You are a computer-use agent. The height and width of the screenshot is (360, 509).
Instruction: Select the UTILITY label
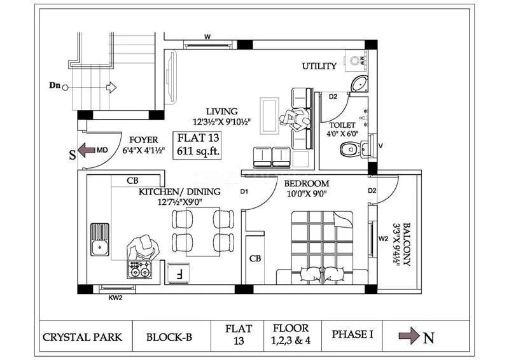319,66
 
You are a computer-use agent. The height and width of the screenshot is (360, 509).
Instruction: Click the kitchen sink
99,239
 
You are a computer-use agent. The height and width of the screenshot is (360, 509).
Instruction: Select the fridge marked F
179,275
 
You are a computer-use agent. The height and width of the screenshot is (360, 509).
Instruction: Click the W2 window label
383,239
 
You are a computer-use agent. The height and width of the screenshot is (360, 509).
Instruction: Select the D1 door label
244,191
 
